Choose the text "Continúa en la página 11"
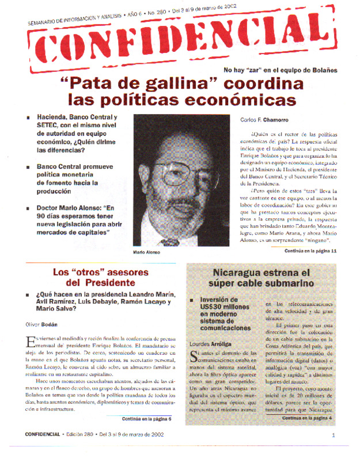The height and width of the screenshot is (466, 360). click(x=310, y=252)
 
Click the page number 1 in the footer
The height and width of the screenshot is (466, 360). click(x=334, y=452)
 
